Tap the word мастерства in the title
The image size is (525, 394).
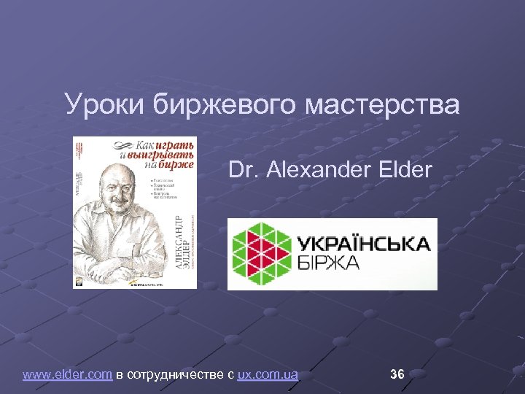coord(382,104)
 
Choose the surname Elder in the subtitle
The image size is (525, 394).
coord(405,171)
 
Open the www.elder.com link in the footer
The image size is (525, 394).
coord(67,375)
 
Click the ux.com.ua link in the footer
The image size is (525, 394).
coord(268,375)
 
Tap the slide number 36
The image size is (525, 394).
coord(397,374)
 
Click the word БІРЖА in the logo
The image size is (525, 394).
coord(328,263)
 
